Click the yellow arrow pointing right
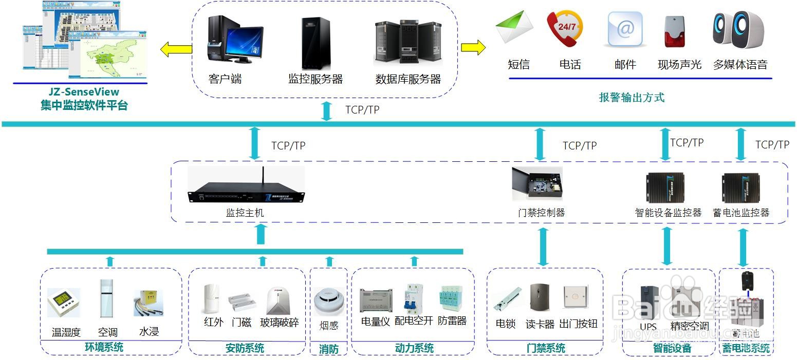coord(473,48)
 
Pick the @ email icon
coord(625,30)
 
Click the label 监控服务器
coord(316,79)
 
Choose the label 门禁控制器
coord(541,213)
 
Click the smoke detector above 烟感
coord(328,301)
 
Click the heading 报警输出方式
coord(632,98)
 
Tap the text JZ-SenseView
coord(84,92)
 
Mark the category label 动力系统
coord(414,348)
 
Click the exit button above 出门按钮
coord(576,297)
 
